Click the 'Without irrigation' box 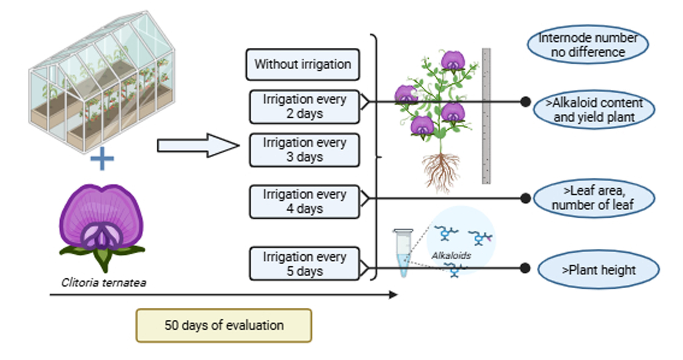303,65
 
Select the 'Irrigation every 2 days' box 304,107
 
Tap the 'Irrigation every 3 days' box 304,150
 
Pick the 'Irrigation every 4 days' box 304,202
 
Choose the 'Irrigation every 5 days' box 304,264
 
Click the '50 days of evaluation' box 224,325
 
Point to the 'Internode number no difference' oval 588,45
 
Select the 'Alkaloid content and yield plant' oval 594,110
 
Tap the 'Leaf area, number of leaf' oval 594,198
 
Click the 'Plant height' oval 598,270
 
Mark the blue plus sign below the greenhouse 102,159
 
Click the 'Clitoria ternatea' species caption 104,283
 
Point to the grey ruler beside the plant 486,116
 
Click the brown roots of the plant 441,171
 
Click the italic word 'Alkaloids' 451,256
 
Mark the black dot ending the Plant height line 525,268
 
